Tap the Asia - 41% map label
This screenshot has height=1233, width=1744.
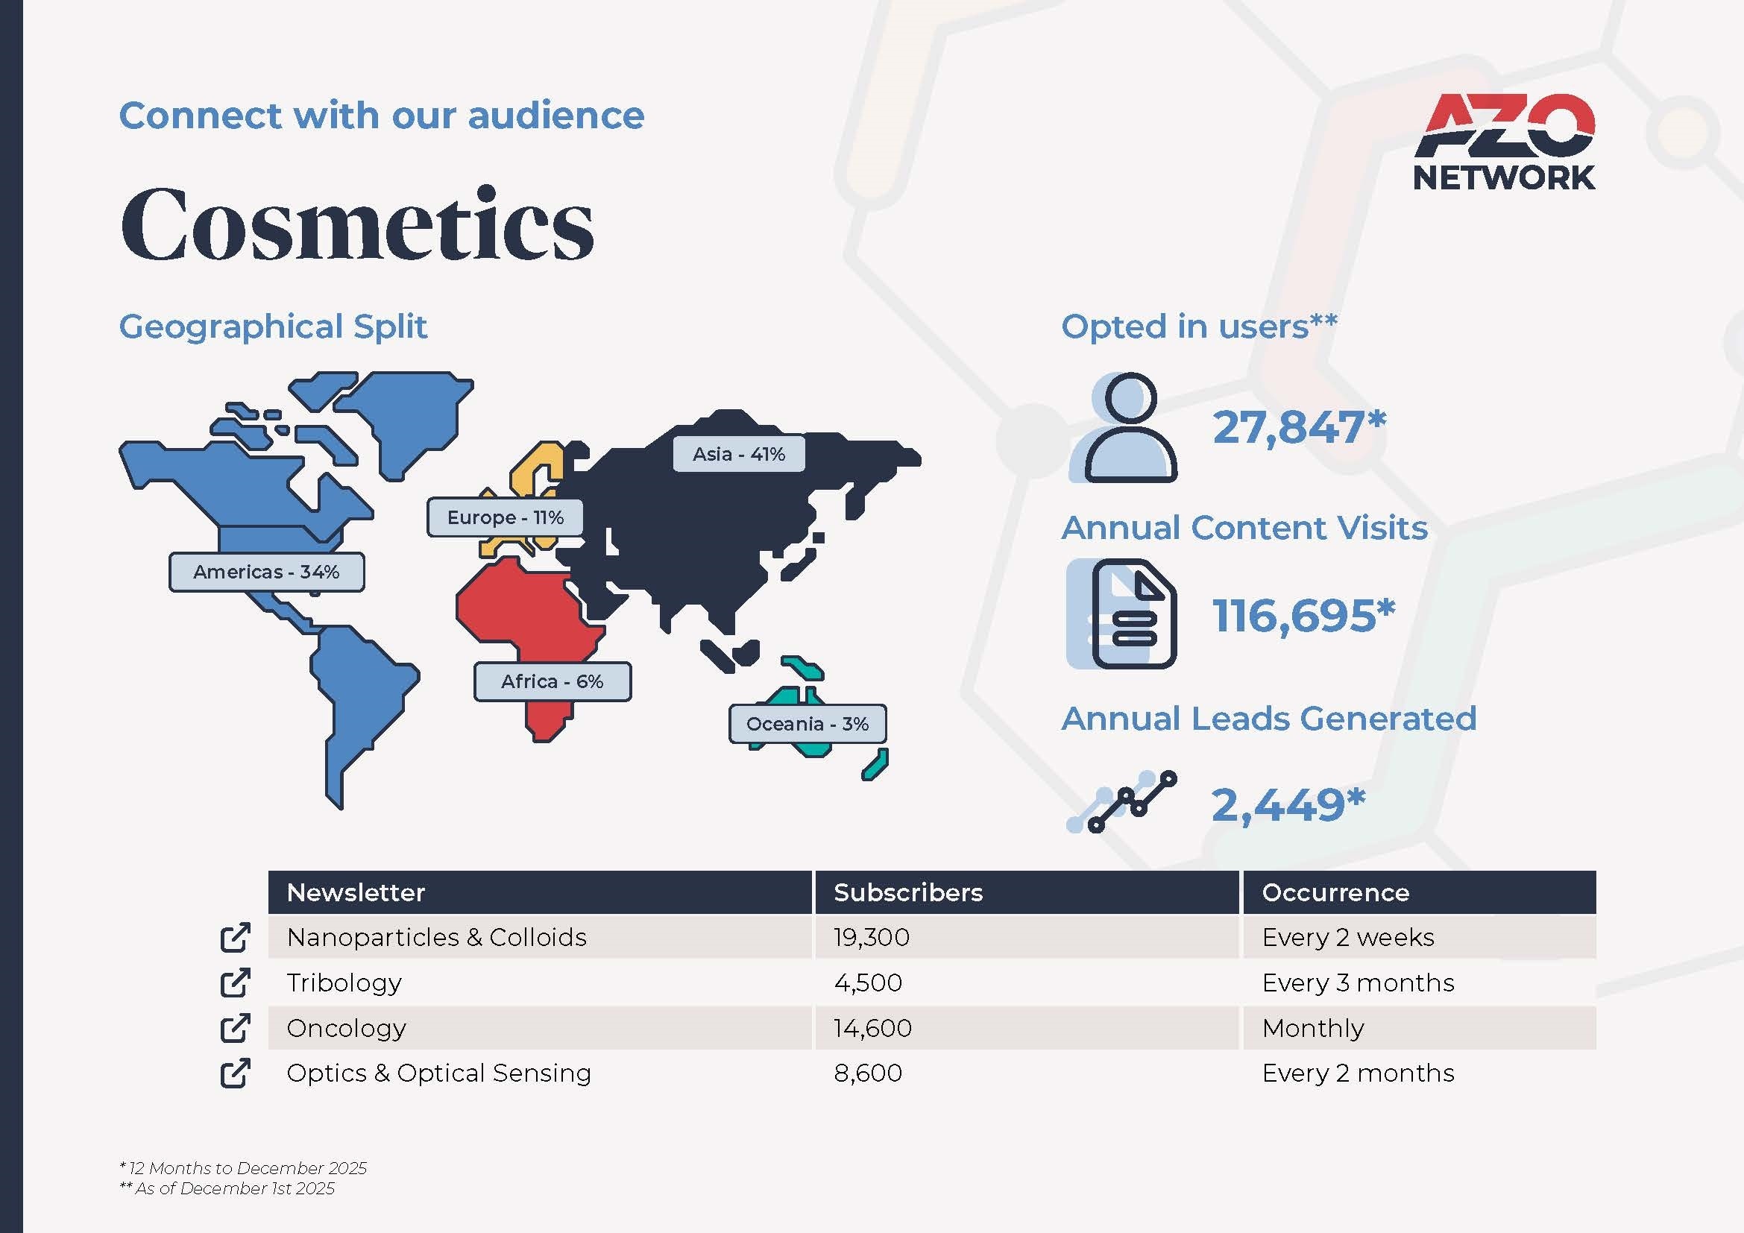pyautogui.click(x=738, y=454)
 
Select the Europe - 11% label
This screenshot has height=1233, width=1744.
pyautogui.click(x=505, y=518)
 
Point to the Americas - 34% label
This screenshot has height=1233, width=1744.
pyautogui.click(x=267, y=572)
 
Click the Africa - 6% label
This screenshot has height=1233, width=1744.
pyautogui.click(x=553, y=681)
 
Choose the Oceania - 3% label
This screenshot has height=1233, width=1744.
pyautogui.click(x=808, y=724)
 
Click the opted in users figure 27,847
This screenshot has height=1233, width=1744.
pyautogui.click(x=1299, y=427)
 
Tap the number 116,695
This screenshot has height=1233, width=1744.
pyautogui.click(x=1303, y=615)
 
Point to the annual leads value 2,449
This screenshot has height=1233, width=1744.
pyautogui.click(x=1288, y=805)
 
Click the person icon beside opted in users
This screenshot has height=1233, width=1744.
pyautogui.click(x=1124, y=427)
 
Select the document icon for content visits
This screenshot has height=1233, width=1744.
pyautogui.click(x=1123, y=614)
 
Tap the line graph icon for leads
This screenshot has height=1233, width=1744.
pyautogui.click(x=1122, y=802)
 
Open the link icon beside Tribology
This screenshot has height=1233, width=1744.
pyautogui.click(x=235, y=983)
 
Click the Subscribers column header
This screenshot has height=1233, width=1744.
pyautogui.click(x=907, y=892)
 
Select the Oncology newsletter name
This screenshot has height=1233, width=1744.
pyautogui.click(x=347, y=1028)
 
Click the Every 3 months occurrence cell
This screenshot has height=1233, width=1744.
pyautogui.click(x=1358, y=983)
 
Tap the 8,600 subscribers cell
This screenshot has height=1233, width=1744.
pyautogui.click(x=867, y=1073)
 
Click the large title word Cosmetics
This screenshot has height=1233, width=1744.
pyautogui.click(x=357, y=224)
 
